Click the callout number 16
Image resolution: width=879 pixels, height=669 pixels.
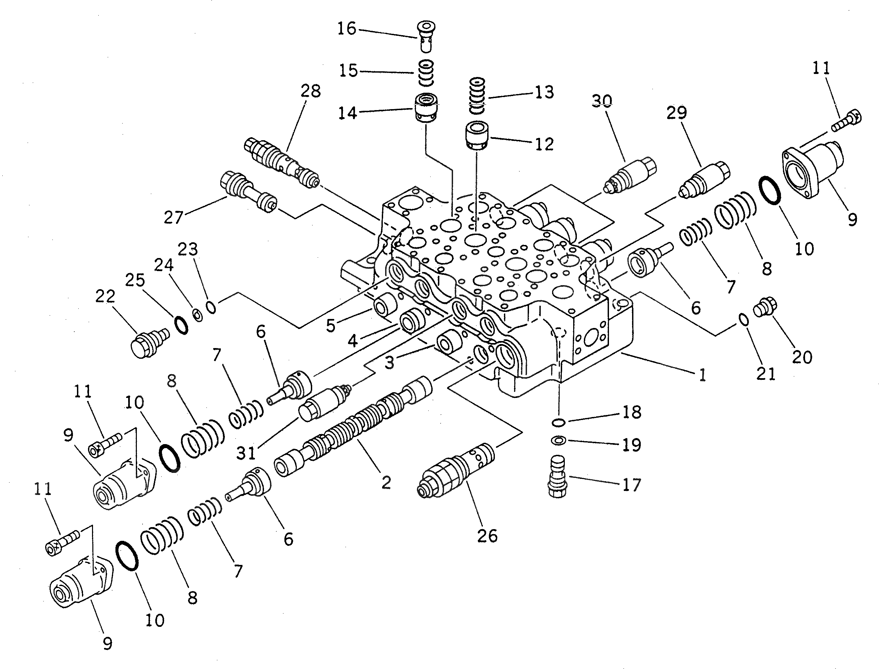point(346,29)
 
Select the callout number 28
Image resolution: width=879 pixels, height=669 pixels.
point(311,91)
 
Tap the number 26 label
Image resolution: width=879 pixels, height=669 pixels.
point(487,536)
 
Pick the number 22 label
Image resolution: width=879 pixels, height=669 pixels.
point(105,297)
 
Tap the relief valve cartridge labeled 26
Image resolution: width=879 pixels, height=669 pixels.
point(456,471)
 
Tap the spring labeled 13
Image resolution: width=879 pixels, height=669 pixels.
point(476,96)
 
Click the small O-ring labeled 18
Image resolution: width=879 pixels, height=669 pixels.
point(558,422)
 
